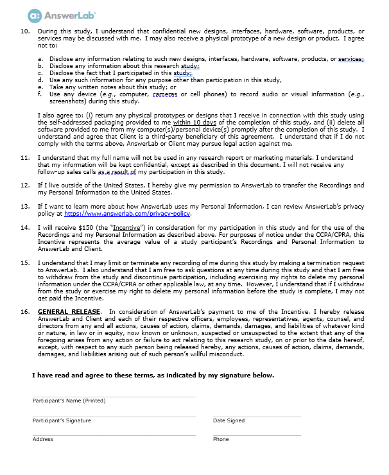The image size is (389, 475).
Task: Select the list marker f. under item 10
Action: pyautogui.click(x=40, y=94)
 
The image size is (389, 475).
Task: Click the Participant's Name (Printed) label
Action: pyautogui.click(x=69, y=401)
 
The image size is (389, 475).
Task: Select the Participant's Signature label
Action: pyautogui.click(x=62, y=420)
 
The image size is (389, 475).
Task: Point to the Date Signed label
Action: pyautogui.click(x=229, y=420)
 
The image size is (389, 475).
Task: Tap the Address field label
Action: pyautogui.click(x=43, y=439)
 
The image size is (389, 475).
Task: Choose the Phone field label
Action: pyautogui.click(x=221, y=439)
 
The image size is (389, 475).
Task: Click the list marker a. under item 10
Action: pyautogui.click(x=40, y=59)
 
